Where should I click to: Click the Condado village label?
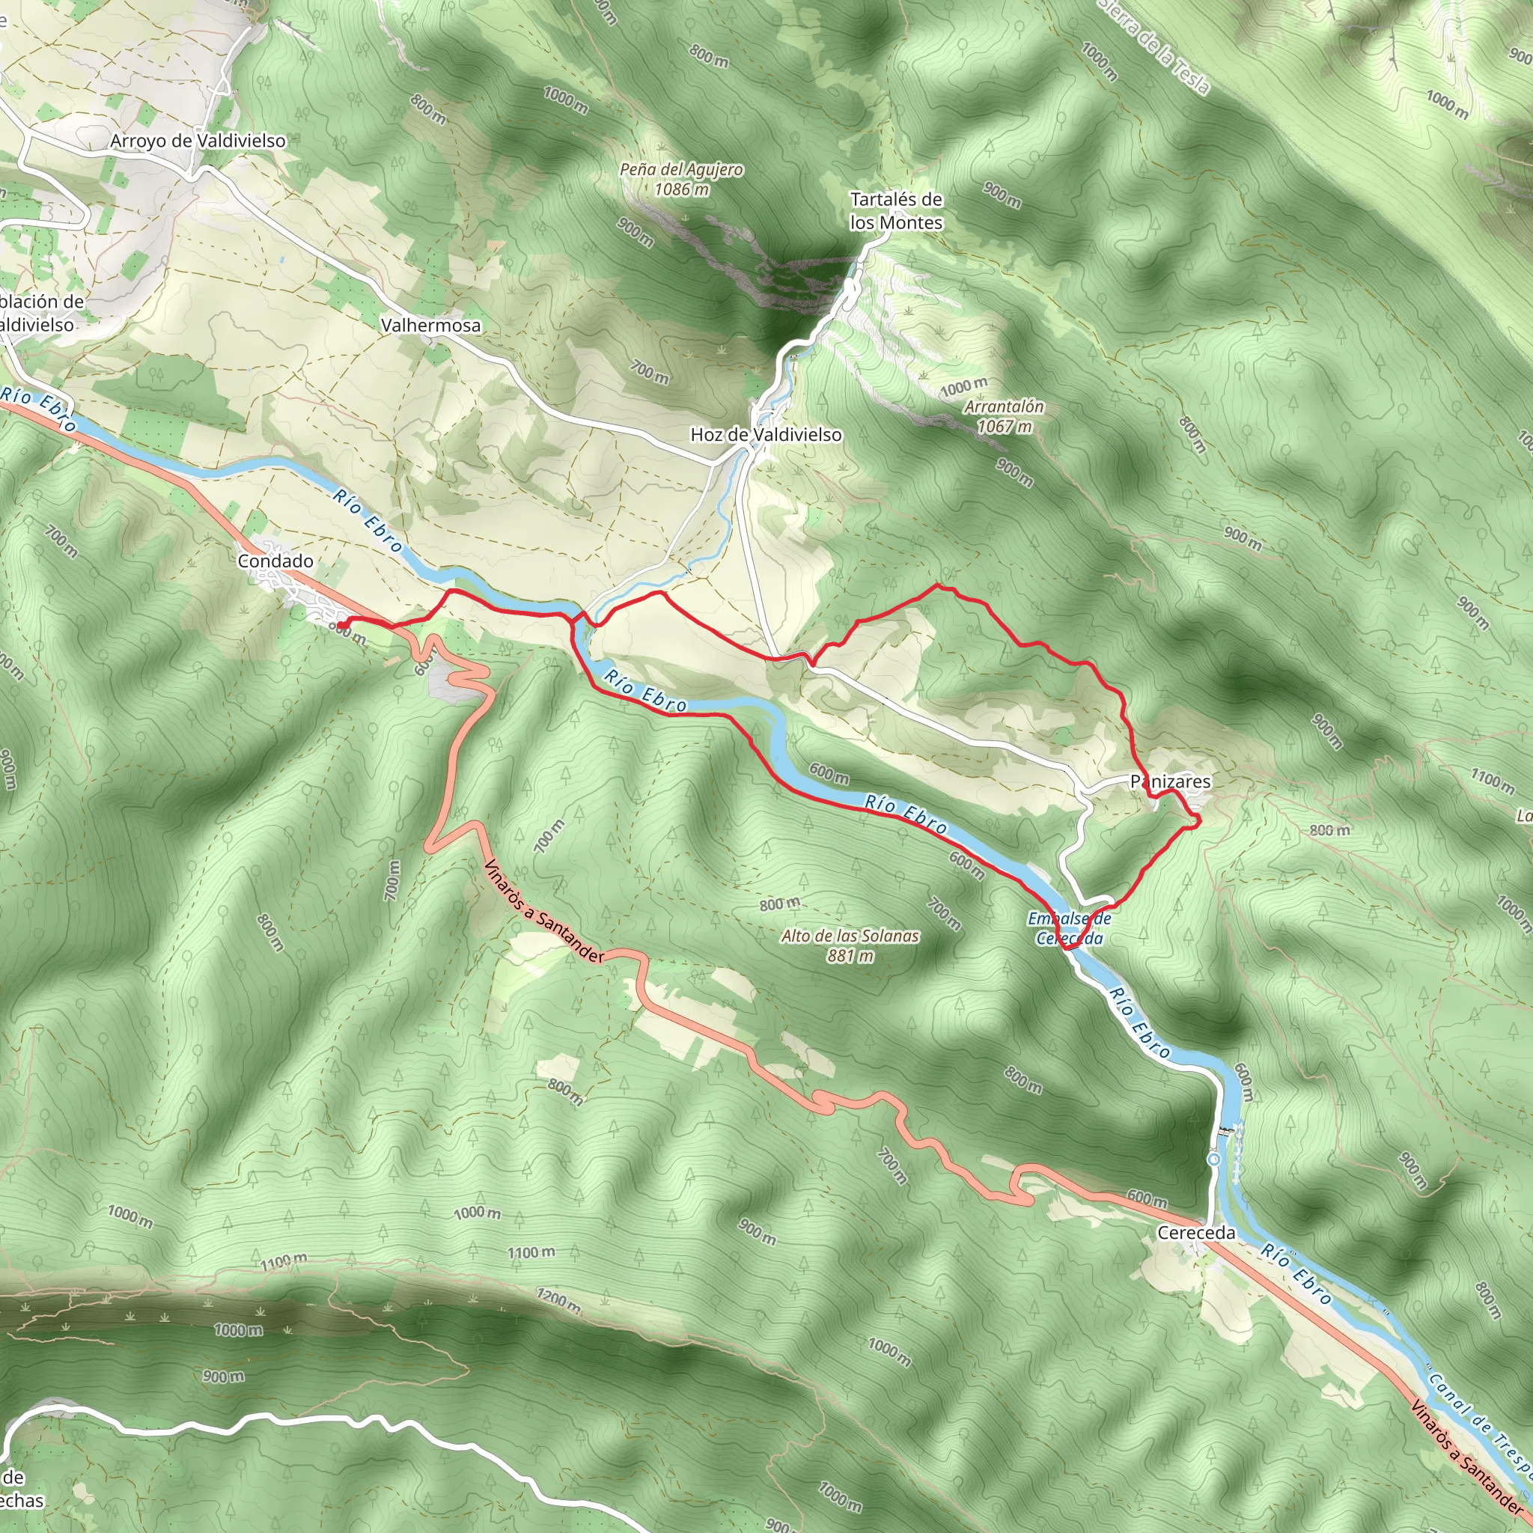[275, 561]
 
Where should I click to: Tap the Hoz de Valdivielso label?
[766, 434]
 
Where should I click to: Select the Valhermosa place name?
[430, 326]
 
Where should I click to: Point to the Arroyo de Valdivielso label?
[198, 141]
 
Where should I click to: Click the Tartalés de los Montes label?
[896, 211]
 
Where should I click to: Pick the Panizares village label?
[1171, 781]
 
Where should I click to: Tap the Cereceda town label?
[1195, 1232]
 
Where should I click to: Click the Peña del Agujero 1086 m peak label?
[681, 179]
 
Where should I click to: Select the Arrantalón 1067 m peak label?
[1004, 415]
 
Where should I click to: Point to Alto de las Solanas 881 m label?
[850, 946]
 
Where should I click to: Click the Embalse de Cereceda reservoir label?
[1069, 928]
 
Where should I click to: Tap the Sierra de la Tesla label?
[1156, 49]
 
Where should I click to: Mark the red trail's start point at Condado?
[341, 625]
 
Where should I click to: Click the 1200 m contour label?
[557, 1300]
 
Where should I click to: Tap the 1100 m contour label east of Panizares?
[1493, 780]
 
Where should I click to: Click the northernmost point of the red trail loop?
[939, 585]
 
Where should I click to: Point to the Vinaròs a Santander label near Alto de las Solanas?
[543, 913]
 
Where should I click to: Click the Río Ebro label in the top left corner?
[38, 408]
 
